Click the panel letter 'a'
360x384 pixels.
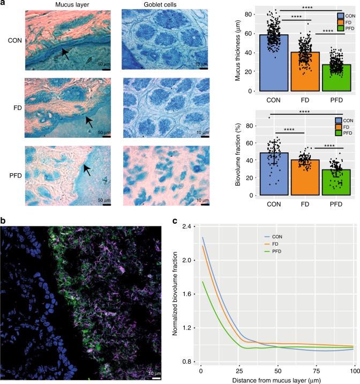(x=4, y=4)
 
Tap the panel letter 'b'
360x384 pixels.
(x=4, y=220)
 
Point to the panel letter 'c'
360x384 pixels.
(x=172, y=220)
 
